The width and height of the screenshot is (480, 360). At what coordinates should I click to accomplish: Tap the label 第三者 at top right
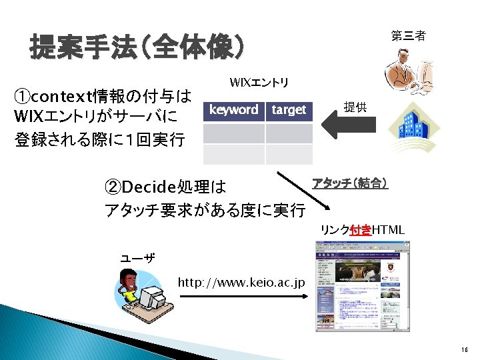click(408, 36)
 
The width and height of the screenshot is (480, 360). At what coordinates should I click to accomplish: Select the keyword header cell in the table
click(233, 110)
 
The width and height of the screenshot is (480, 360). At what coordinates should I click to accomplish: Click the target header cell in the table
click(289, 110)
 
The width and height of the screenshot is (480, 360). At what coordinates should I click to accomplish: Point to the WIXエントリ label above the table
click(259, 83)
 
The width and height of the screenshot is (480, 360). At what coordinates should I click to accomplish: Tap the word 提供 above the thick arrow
click(355, 107)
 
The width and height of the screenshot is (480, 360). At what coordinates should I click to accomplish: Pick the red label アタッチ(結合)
click(350, 183)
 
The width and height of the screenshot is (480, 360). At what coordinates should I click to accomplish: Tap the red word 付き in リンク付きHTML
click(361, 230)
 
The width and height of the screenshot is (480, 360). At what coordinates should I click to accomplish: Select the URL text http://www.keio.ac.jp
click(241, 283)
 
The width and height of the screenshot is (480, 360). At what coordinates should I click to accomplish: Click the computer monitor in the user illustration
click(153, 294)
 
